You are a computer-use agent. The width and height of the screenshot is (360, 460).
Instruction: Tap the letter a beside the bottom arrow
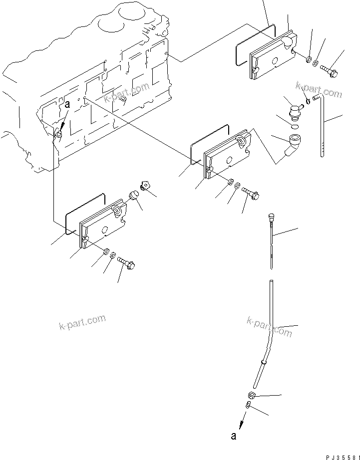pos(233,436)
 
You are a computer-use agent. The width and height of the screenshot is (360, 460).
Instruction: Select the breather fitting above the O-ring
pos(294,108)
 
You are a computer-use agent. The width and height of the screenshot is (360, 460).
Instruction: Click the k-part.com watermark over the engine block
pos(127,93)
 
